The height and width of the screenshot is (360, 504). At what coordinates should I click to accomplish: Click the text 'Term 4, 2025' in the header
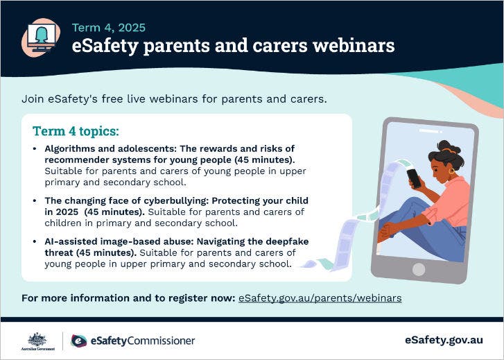click(109, 28)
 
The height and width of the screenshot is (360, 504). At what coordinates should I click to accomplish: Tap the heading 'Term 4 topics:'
click(76, 131)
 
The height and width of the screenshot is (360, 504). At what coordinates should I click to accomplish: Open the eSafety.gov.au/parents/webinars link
click(320, 298)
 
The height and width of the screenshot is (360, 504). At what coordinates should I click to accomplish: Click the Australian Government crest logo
click(37, 340)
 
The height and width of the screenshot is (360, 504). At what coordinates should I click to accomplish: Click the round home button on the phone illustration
click(419, 268)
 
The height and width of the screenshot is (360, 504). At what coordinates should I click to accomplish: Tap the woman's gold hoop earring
click(451, 171)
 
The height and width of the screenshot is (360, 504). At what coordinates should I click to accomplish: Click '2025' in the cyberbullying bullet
click(69, 212)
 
